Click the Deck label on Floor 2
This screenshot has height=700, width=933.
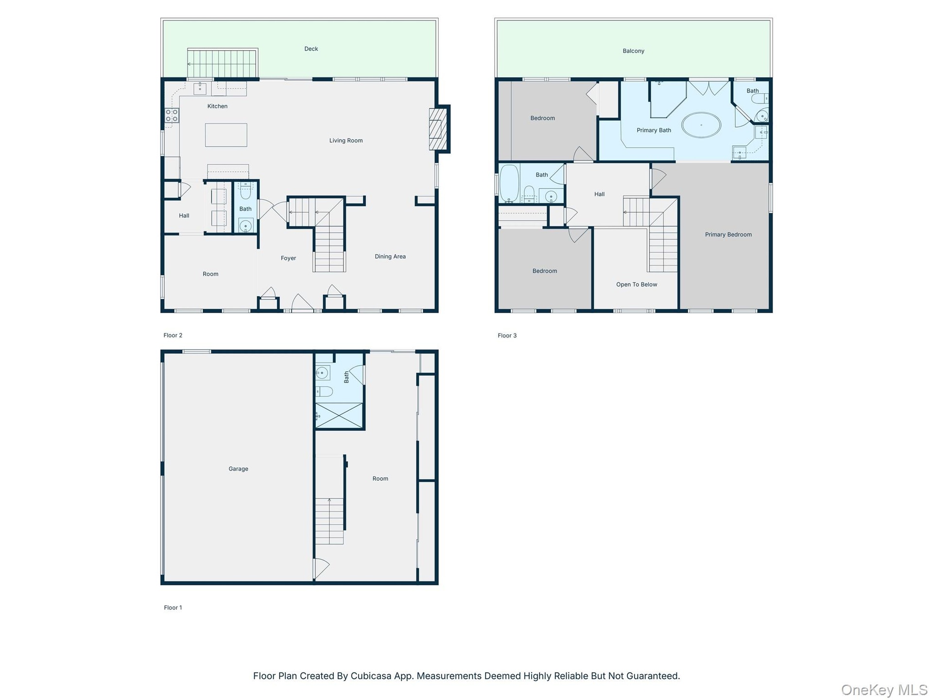click(311, 49)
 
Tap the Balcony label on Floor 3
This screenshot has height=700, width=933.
click(633, 51)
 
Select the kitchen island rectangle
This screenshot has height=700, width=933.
click(226, 135)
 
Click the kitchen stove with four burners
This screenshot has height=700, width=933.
click(172, 115)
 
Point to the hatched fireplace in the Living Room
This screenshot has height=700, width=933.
click(438, 129)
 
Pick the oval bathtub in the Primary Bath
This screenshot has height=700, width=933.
click(701, 125)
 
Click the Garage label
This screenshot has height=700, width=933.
click(238, 469)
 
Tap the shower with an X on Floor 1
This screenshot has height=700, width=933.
click(339, 416)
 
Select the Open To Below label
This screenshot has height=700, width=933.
click(637, 284)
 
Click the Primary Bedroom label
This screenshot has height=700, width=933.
click(728, 234)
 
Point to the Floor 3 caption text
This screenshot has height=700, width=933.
click(507, 335)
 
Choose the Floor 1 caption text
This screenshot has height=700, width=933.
click(173, 607)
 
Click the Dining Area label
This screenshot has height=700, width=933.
click(390, 256)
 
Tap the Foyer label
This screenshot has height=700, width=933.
click(288, 258)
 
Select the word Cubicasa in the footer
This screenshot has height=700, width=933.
click(371, 676)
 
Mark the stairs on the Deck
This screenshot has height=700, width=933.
click(222, 63)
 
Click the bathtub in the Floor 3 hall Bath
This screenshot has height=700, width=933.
click(509, 183)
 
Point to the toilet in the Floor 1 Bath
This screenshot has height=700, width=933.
click(324, 391)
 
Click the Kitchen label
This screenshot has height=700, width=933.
click(217, 106)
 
